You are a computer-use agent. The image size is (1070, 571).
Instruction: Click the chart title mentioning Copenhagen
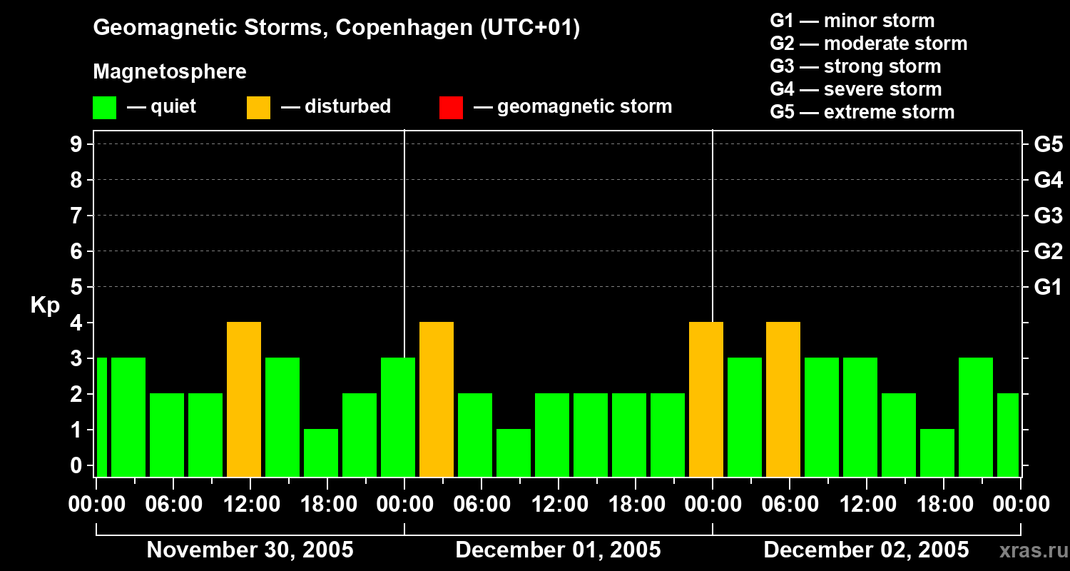[336, 28]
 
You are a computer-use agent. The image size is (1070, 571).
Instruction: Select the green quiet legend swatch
[104, 108]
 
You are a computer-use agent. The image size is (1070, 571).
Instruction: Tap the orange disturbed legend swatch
[258, 108]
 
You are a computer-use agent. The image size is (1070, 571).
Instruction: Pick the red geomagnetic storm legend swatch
[451, 108]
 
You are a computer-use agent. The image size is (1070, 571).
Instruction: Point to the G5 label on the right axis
[1048, 145]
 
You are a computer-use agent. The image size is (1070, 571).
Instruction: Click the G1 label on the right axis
[1048, 288]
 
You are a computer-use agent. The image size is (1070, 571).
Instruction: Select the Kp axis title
[45, 305]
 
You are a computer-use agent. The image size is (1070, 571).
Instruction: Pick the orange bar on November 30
[244, 399]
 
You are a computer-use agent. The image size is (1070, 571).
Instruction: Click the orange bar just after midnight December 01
[437, 399]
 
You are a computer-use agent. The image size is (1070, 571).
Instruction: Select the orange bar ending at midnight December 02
[706, 399]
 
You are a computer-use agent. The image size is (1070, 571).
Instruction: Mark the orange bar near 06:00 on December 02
[783, 399]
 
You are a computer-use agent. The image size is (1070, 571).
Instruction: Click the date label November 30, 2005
[250, 550]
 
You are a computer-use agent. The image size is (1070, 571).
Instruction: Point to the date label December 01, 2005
[558, 550]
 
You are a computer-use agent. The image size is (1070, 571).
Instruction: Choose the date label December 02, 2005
[866, 550]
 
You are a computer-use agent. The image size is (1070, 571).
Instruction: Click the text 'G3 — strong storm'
[855, 66]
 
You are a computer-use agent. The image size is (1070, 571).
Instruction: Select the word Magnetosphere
[170, 72]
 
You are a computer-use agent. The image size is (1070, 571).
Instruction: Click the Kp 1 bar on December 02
[937, 453]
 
